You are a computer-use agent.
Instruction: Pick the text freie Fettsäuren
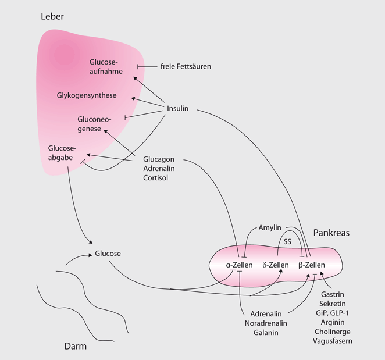pyautogui.click(x=186, y=66)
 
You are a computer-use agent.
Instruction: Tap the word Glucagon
pyautogui.click(x=159, y=159)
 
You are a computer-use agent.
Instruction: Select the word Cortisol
pyautogui.click(x=155, y=177)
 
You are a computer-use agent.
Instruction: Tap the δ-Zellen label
pyautogui.click(x=276, y=265)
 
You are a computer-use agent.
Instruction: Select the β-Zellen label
pyautogui.click(x=311, y=265)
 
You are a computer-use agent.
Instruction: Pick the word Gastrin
pyautogui.click(x=333, y=294)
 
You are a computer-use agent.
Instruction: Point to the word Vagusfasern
pyautogui.click(x=333, y=340)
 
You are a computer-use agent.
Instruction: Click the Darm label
pyautogui.click(x=75, y=347)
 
